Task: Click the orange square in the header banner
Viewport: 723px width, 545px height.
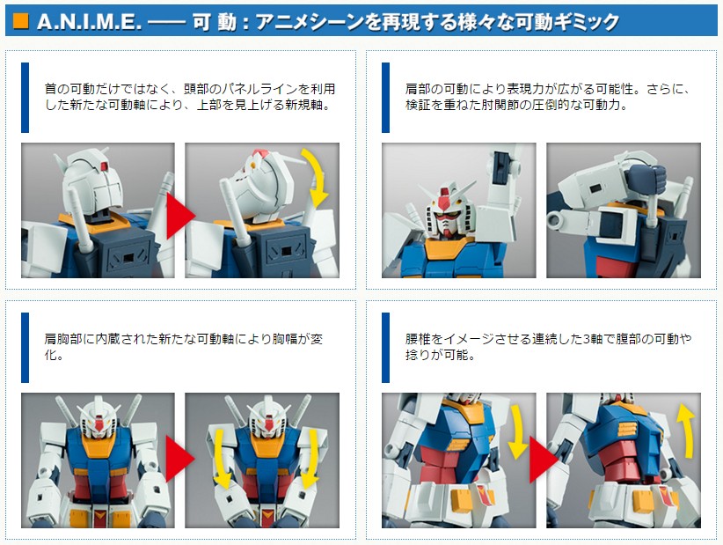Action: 21,21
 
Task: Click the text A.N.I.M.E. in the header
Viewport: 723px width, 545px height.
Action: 89,22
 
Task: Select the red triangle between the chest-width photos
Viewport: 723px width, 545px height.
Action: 180,459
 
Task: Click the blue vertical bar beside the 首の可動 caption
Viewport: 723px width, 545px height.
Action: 25,98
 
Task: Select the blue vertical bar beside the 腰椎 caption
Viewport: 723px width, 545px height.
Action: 385,348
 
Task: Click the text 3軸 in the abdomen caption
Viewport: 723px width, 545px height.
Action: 593,339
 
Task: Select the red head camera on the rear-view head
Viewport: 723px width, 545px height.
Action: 104,166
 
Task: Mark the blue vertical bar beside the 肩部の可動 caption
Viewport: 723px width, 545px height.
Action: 385,98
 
